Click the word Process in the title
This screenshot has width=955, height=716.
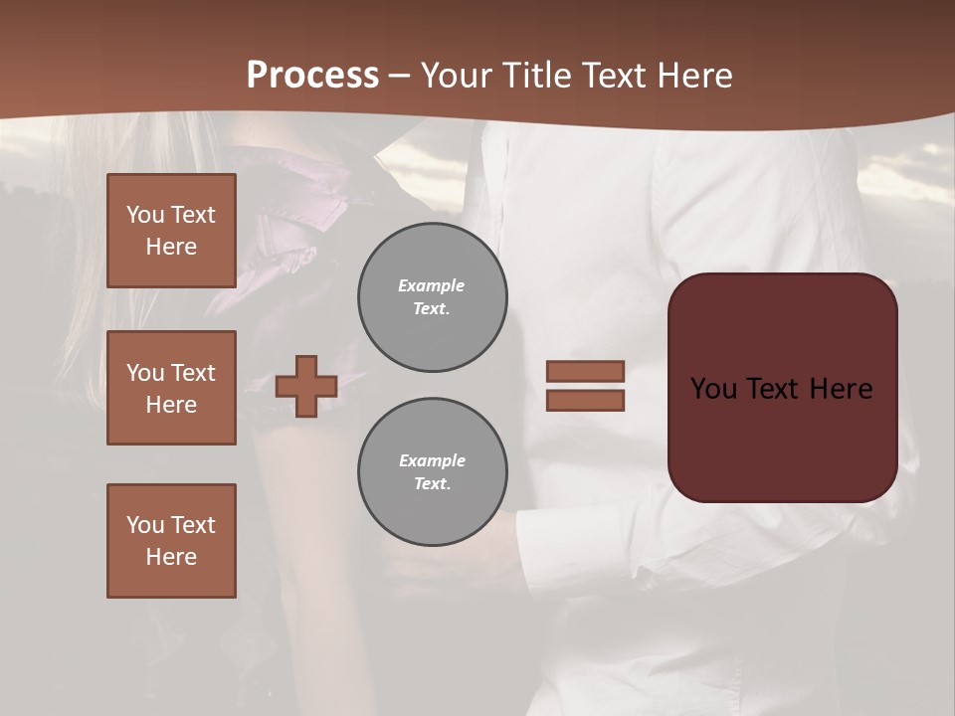click(312, 76)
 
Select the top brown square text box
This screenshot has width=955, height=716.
click(171, 231)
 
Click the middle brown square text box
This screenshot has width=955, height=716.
click(171, 388)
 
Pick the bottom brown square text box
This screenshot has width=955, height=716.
click(171, 541)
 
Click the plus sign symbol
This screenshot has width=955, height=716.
click(306, 386)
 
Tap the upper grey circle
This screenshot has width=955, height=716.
click(432, 297)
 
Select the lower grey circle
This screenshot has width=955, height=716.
click(432, 472)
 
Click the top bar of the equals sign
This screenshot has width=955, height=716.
click(585, 371)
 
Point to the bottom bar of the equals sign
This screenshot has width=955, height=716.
click(585, 400)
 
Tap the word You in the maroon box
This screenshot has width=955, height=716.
click(714, 389)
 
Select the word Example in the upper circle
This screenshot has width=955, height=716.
click(432, 285)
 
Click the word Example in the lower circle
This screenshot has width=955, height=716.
click(432, 460)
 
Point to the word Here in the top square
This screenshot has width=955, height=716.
click(171, 247)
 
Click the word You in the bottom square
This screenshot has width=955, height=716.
click(145, 525)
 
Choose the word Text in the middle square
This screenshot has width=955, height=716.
click(193, 373)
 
